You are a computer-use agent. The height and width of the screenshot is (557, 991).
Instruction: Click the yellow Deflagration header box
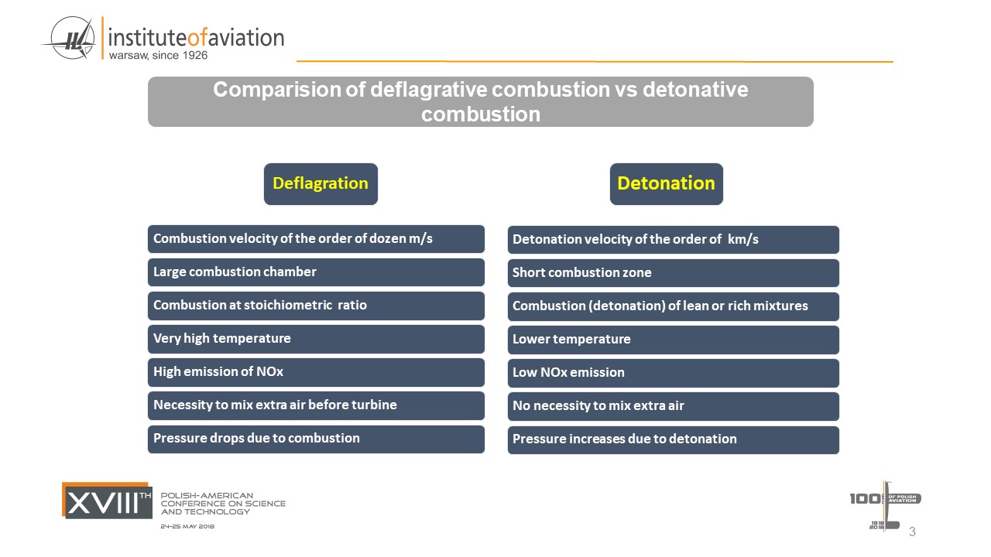[321, 184]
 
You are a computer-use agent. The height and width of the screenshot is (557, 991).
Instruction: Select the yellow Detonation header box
[667, 184]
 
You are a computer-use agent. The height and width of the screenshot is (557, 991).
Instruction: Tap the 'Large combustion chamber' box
[316, 272]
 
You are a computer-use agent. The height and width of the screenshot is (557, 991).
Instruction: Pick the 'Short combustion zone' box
[674, 273]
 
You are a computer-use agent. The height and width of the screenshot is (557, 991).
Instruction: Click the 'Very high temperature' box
[316, 339]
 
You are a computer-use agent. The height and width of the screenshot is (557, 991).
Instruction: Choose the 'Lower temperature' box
[674, 340]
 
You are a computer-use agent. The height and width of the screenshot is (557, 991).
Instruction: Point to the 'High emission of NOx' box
[316, 372]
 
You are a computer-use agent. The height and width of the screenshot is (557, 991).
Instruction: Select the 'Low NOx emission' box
[674, 373]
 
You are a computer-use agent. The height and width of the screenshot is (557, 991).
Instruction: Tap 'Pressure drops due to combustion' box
[316, 439]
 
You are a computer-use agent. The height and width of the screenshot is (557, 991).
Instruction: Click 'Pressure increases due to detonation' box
[674, 440]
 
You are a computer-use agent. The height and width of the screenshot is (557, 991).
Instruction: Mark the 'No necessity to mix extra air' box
[674, 406]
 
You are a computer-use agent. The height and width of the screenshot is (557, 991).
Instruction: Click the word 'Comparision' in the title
[277, 90]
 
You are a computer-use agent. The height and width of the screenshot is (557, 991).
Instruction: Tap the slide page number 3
[912, 531]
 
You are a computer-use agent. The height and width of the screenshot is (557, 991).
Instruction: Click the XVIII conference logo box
[107, 501]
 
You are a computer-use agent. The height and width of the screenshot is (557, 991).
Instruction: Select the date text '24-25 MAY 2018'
[187, 527]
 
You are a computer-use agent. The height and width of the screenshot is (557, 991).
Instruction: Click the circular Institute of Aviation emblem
[72, 38]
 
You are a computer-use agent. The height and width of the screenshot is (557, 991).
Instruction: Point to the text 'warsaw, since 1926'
[158, 55]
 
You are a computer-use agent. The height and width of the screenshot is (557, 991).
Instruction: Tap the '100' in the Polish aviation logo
[865, 499]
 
